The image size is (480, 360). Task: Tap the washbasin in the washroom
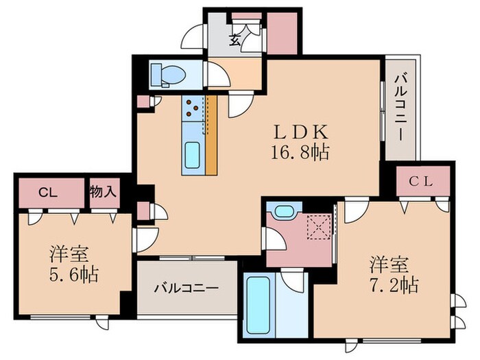[283, 211]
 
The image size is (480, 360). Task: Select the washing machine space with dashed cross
[318, 226]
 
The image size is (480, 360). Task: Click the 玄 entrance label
[235, 40]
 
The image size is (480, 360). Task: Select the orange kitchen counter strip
[211, 134]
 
